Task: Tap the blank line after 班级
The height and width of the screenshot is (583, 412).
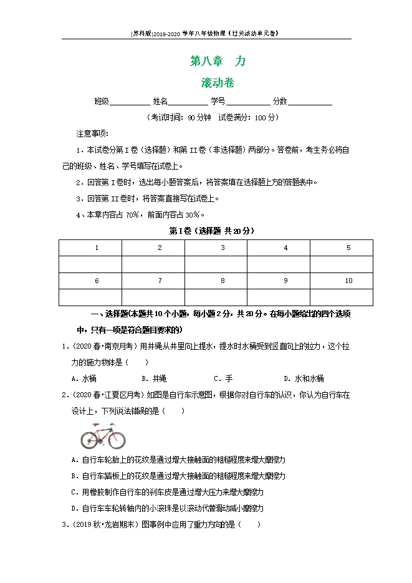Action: pyautogui.click(x=130, y=102)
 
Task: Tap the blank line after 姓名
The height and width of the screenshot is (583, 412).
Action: pyautogui.click(x=188, y=102)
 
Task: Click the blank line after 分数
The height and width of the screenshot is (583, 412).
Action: pyautogui.click(x=310, y=102)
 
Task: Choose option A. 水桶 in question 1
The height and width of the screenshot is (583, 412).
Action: pyautogui.click(x=84, y=378)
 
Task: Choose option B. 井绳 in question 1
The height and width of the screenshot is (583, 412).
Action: pyautogui.click(x=154, y=378)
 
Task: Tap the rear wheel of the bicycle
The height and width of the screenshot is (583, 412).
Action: pyautogui.click(x=89, y=440)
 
